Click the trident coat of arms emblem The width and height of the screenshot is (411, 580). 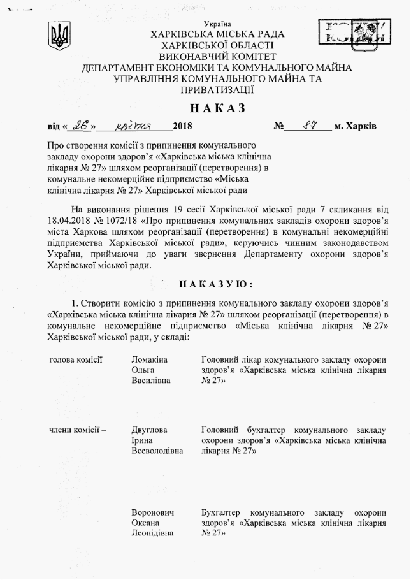click(59, 36)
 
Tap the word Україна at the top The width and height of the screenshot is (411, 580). click(218, 23)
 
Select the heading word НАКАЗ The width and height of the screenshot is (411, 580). click(217, 108)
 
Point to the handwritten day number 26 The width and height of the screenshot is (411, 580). click(80, 126)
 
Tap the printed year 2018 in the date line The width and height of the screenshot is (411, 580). click(182, 126)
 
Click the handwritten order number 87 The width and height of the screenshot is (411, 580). click(310, 126)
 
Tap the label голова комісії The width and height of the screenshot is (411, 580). click(76, 360)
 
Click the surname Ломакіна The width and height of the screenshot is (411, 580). click(150, 360)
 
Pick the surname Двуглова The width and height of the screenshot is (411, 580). click(149, 429)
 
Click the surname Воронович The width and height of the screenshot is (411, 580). click(153, 512)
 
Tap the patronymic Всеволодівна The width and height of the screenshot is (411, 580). click(157, 451)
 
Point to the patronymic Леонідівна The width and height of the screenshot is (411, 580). click(153, 534)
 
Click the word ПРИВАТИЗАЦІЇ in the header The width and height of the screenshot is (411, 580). click(218, 91)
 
